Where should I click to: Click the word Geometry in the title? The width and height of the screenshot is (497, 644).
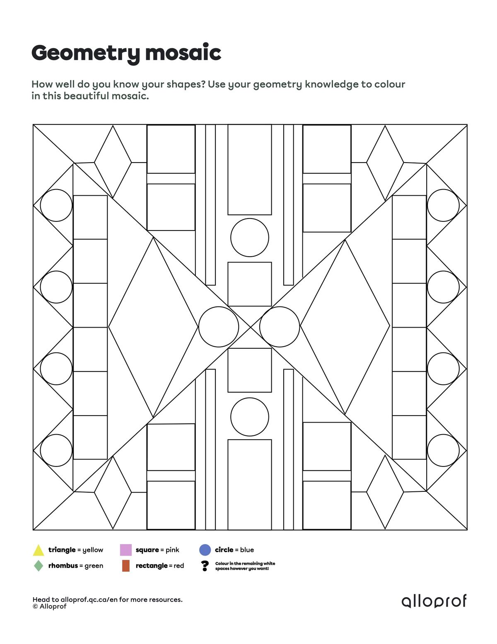86,53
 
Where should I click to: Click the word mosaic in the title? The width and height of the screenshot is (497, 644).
183,53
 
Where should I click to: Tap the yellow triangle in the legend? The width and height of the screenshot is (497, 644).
39,551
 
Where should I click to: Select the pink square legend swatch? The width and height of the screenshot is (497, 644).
125,550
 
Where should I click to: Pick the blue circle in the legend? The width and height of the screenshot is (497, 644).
205,550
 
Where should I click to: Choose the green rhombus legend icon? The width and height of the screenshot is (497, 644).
39,566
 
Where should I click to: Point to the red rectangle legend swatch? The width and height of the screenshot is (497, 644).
126,566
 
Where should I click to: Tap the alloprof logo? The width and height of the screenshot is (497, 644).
434,601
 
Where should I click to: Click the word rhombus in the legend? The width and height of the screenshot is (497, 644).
63,566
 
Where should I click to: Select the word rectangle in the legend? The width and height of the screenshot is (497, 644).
152,566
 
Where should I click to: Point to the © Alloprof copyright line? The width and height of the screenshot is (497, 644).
50,606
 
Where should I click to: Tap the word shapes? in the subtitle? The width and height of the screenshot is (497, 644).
186,85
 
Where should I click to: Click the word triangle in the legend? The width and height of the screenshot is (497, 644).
62,550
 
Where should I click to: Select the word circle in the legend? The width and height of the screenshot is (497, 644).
224,550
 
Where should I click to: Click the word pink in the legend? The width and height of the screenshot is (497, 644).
172,550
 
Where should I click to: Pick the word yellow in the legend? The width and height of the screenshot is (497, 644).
93,550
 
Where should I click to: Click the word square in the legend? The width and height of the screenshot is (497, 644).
147,550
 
